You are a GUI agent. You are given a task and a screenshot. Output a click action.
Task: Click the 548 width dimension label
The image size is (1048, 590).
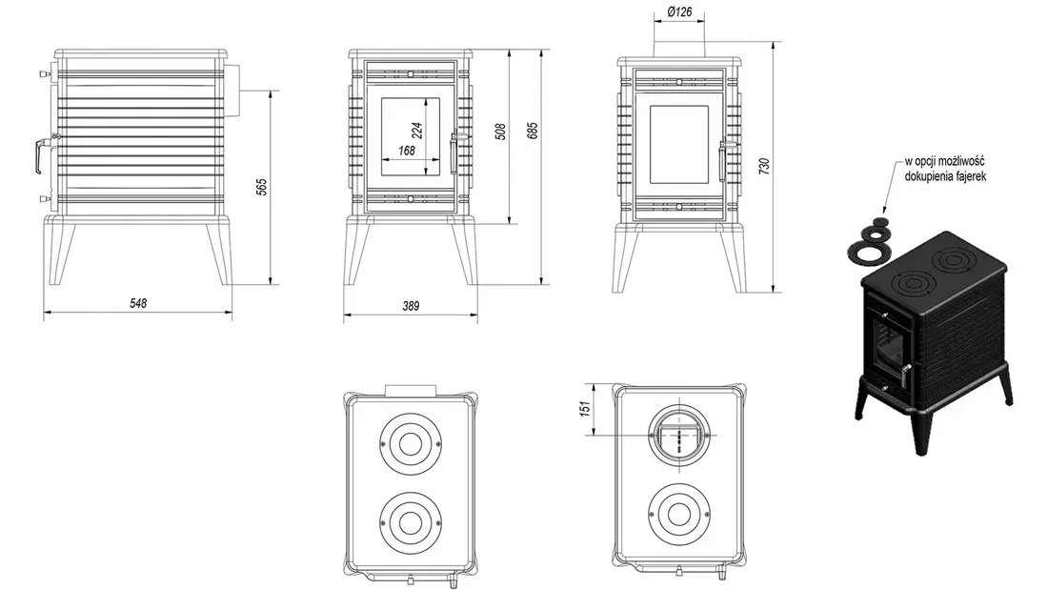(137, 304)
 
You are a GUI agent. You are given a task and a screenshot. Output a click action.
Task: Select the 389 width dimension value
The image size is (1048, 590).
(410, 306)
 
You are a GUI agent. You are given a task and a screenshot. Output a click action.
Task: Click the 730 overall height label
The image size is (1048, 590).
(762, 165)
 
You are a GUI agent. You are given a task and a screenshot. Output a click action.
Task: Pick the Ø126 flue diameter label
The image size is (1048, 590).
(678, 12)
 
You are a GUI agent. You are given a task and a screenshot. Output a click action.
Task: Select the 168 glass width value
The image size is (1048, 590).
(407, 151)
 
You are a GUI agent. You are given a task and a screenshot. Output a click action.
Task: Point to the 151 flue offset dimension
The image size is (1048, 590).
(586, 409)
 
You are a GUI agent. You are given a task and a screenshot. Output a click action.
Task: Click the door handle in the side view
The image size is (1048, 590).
(38, 154)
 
